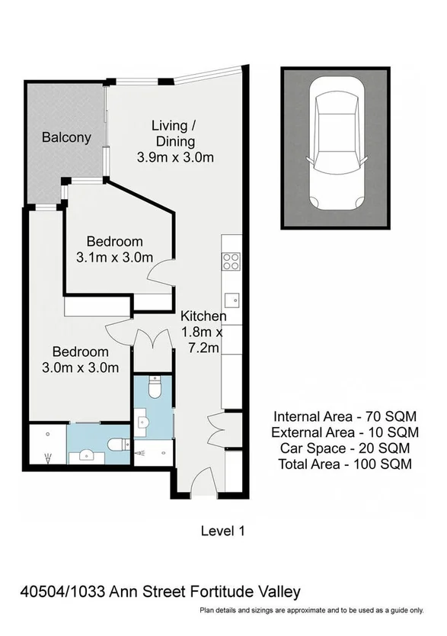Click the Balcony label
tap(66, 138)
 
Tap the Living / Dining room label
tap(174, 133)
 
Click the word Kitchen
tap(203, 316)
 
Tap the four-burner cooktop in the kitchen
tap(231, 261)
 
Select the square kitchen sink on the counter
tap(231, 298)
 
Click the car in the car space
tap(336, 153)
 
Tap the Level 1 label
tap(222, 530)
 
